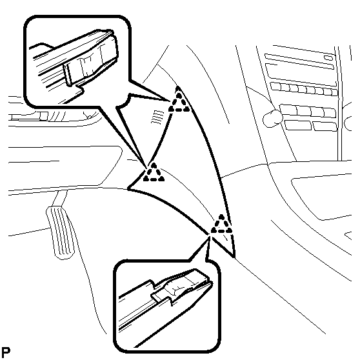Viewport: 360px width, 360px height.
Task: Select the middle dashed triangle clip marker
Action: [154, 173]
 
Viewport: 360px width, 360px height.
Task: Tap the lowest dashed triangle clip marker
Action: [221, 225]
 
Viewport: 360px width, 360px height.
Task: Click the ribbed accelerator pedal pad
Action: [61, 232]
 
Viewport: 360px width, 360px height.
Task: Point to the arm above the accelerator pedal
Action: [59, 198]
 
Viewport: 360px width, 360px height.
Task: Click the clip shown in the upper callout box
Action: [91, 59]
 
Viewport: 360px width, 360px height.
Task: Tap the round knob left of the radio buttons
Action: [272, 118]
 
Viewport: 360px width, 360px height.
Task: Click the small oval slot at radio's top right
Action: [328, 57]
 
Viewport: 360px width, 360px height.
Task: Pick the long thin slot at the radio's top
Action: [299, 61]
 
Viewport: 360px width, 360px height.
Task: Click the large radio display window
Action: [301, 74]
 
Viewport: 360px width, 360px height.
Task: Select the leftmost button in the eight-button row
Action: [275, 86]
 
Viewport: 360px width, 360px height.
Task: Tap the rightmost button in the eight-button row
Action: [334, 92]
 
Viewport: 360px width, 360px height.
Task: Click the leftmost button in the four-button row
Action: [288, 110]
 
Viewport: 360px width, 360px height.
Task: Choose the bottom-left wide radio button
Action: [298, 125]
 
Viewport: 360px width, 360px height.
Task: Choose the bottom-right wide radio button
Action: [325, 127]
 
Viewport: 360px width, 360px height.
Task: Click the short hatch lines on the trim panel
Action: [157, 117]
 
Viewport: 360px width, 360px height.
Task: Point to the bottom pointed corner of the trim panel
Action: [234, 257]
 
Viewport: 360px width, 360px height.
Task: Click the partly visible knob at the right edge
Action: [348, 123]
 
